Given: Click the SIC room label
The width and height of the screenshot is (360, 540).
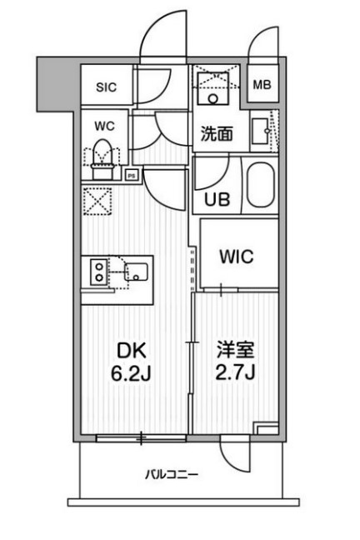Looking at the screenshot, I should coord(105,85).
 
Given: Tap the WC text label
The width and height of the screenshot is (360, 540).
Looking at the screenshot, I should coord(103,127).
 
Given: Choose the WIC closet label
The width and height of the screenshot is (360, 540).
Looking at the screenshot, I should coord(237,256).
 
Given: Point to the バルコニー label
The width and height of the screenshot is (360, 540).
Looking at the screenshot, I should coord(172,476).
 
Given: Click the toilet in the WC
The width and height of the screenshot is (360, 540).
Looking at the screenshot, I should coord(103,156).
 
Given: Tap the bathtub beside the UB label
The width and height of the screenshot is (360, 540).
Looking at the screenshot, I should coord(260,186).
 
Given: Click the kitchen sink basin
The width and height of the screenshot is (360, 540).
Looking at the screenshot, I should coord(136,272).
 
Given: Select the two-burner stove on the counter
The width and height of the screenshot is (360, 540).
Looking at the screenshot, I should coord(98,272).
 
